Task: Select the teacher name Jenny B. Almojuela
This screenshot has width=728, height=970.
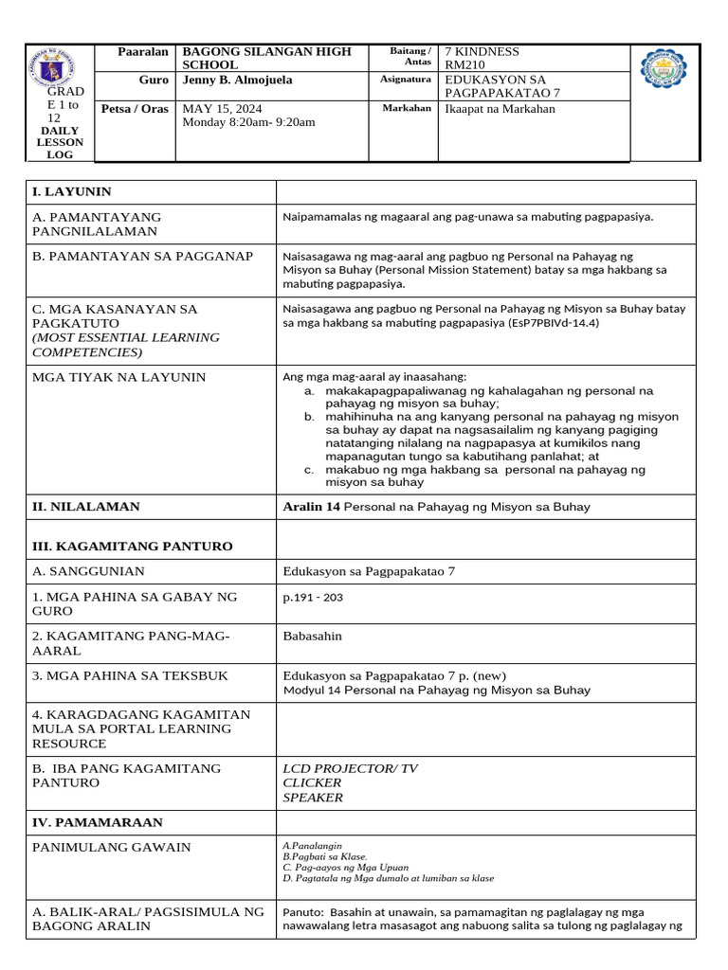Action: (x=239, y=81)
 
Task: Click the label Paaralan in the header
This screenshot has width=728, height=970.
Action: (x=141, y=51)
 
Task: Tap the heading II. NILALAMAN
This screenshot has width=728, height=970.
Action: (x=86, y=507)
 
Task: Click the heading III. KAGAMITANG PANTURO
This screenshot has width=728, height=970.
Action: (x=132, y=547)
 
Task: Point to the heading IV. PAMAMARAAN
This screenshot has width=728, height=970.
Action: (x=98, y=823)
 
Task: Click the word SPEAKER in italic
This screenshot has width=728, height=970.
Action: (x=313, y=798)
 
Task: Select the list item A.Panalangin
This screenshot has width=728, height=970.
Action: (x=312, y=844)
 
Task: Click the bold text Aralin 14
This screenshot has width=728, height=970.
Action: (x=311, y=507)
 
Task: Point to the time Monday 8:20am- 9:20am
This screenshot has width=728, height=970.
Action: (x=248, y=123)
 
